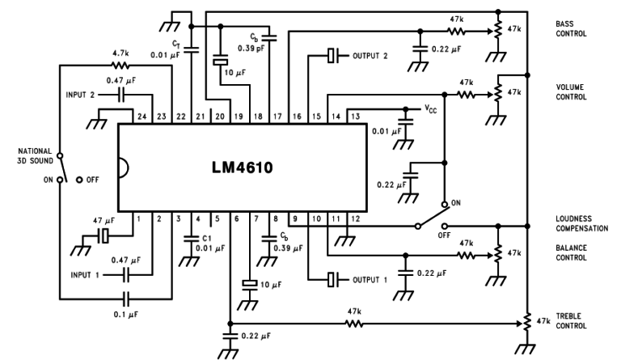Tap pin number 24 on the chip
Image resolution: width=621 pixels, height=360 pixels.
click(x=142, y=116)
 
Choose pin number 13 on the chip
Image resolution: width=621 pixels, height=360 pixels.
click(x=355, y=116)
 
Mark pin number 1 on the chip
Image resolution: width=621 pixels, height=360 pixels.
click(x=139, y=218)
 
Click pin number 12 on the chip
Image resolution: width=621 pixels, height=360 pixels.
click(x=355, y=218)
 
